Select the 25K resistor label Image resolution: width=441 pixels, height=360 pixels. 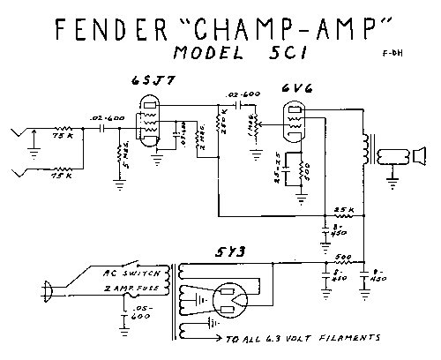pyautogui.click(x=344, y=209)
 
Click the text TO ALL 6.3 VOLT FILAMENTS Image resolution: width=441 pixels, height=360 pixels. pyautogui.click(x=303, y=337)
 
